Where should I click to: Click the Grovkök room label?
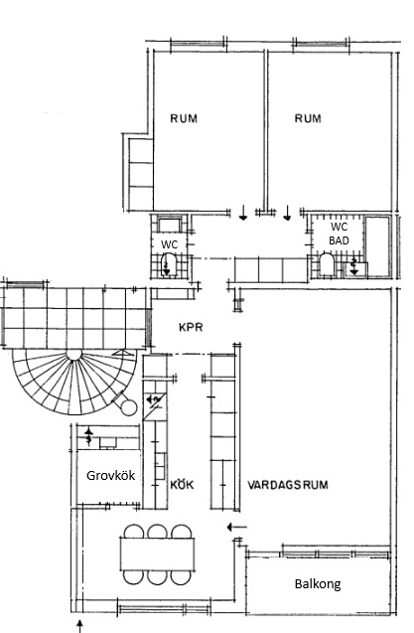point(110,476)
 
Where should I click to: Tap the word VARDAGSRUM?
point(287,485)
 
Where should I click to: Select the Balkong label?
point(318,584)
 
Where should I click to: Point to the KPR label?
point(191,327)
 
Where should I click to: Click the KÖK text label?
point(182,484)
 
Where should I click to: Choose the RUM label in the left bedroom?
point(184,118)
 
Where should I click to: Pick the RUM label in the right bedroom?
point(308,118)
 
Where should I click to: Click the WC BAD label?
point(339,234)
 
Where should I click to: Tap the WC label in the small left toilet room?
point(169,244)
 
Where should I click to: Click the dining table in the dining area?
point(158,554)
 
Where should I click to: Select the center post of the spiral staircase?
point(74,354)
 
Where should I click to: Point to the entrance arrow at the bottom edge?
point(79,626)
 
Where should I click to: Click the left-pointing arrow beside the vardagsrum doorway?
point(236,527)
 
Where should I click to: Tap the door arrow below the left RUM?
point(243,213)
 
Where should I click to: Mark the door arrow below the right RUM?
point(287,213)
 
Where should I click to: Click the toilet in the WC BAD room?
point(327,264)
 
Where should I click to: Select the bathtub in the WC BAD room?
point(377,246)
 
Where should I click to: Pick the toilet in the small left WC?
point(169,264)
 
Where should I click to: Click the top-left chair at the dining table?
point(134,531)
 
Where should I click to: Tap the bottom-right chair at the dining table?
point(180,577)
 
